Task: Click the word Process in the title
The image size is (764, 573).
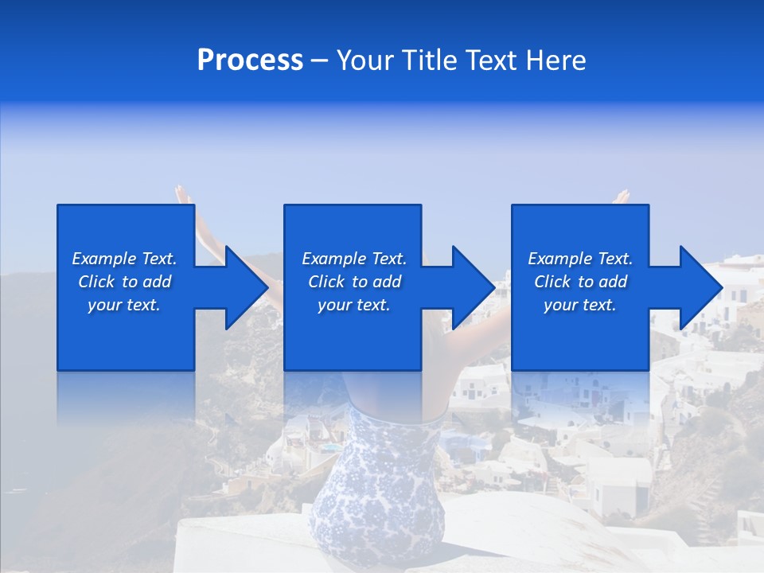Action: click(x=250, y=60)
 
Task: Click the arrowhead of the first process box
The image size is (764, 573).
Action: click(x=242, y=287)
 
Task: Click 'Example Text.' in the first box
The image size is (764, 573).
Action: click(x=124, y=259)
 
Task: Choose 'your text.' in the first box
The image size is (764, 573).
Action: click(x=124, y=305)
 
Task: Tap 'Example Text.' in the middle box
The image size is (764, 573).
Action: click(x=354, y=259)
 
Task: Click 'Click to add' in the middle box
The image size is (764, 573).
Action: click(x=354, y=282)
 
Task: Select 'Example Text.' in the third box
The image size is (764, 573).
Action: click(x=580, y=259)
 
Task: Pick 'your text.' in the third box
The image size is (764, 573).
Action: click(x=580, y=305)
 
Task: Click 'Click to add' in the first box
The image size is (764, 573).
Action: click(x=124, y=282)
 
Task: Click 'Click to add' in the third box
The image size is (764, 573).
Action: click(x=580, y=282)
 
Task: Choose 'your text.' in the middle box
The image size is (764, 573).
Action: click(x=354, y=305)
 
